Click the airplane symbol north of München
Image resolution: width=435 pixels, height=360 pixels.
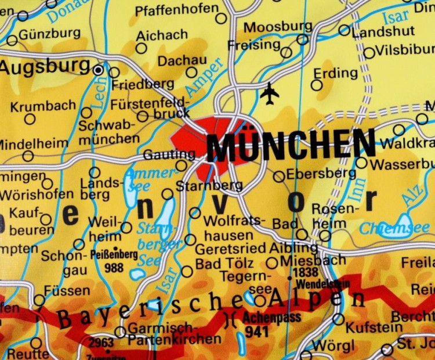(x=270, y=93)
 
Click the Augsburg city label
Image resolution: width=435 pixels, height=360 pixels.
(x=45, y=67)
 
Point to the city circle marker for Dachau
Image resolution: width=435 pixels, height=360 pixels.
(x=191, y=73)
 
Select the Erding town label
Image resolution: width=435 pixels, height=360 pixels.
(x=336, y=73)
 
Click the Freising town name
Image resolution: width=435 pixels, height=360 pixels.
(x=253, y=45)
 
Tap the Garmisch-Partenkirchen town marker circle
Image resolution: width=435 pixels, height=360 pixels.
(x=120, y=332)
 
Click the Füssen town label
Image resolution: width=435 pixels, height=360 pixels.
(x=67, y=291)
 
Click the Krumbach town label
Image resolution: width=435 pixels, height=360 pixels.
(x=43, y=106)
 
